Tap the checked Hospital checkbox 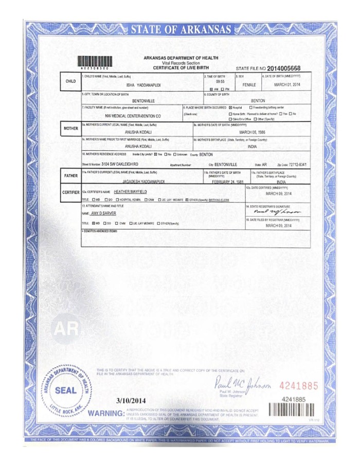(x=231, y=107)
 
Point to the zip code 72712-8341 (x=295, y=164)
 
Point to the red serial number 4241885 (x=299, y=385)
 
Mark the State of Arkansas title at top (x=180, y=30)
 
